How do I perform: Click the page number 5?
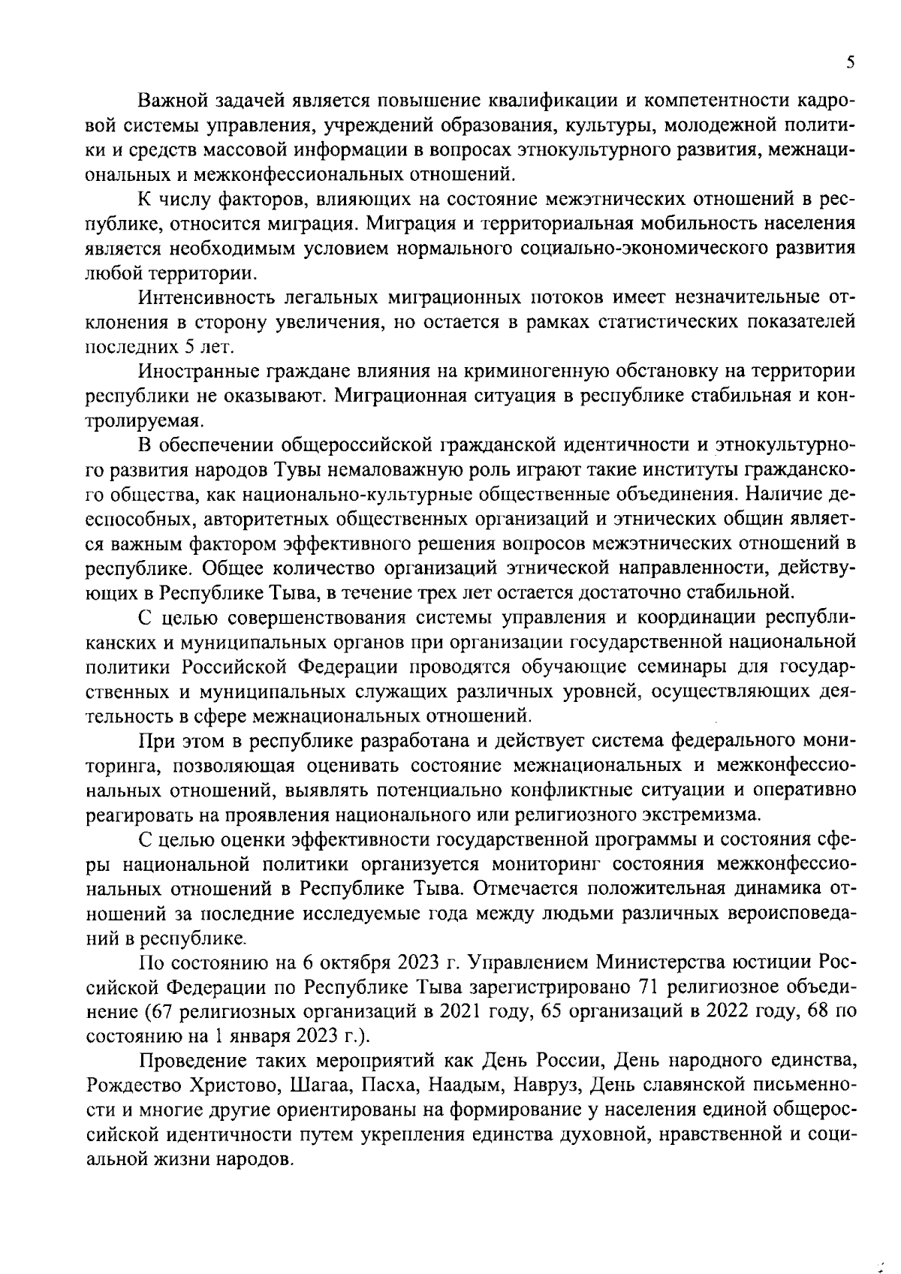[x=849, y=63]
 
